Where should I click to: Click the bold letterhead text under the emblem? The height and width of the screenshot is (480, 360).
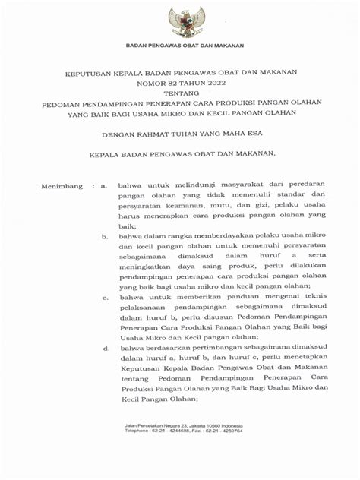point(180,46)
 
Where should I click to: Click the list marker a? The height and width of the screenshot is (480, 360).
point(104,185)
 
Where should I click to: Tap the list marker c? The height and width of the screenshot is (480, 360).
point(104,297)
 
